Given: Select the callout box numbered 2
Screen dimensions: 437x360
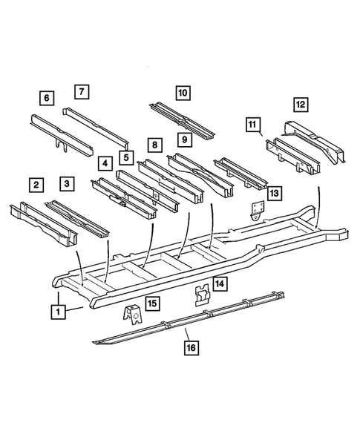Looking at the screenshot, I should (x=34, y=184).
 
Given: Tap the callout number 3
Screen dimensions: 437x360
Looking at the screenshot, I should (x=68, y=183).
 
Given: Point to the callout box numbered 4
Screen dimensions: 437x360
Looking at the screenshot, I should (x=106, y=162).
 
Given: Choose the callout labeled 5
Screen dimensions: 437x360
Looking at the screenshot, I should (x=127, y=157).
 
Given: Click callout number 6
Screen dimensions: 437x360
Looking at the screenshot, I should (x=47, y=98).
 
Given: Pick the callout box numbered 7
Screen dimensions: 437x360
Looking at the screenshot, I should (x=82, y=92).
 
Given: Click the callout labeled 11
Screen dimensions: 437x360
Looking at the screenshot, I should (x=253, y=123).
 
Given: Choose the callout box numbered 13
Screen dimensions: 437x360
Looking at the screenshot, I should (x=275, y=194).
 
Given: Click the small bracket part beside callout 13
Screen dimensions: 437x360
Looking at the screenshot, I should (x=258, y=210).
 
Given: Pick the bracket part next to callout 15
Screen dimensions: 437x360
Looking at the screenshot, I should (x=131, y=315).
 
